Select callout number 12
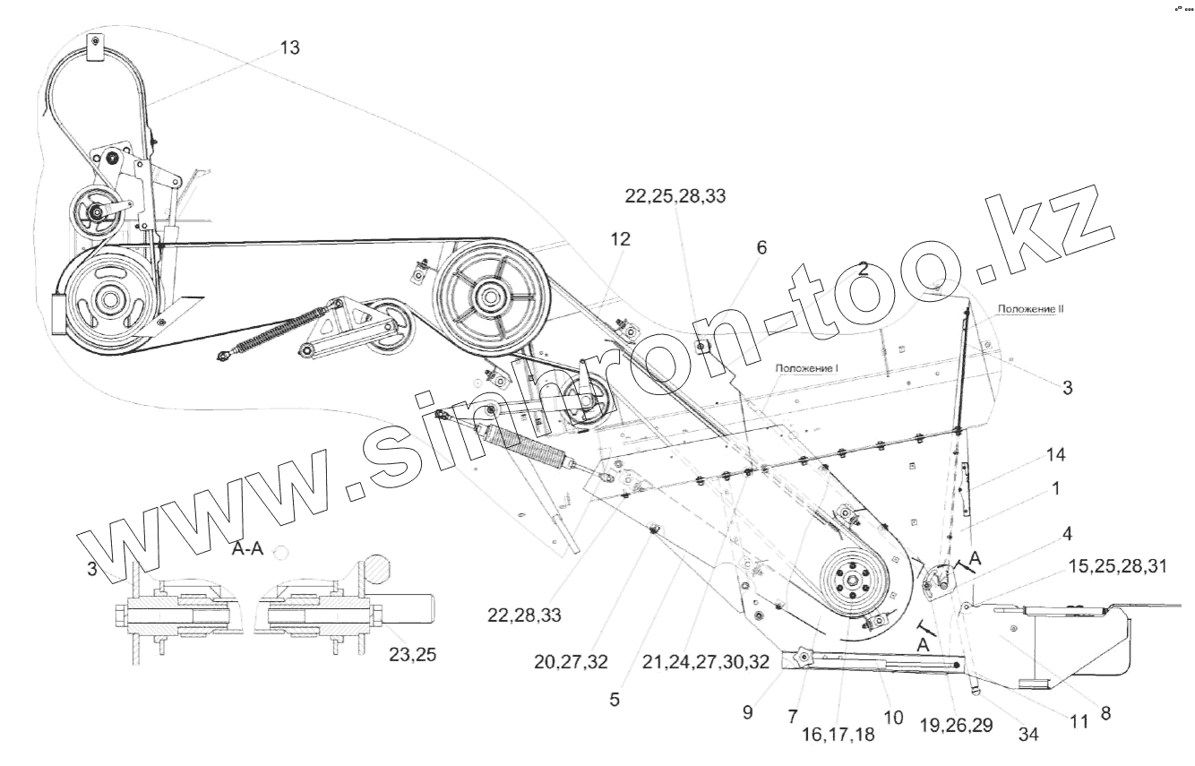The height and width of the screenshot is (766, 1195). click(620, 239)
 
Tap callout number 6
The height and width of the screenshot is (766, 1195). click(761, 248)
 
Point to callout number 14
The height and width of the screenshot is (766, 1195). click(1056, 455)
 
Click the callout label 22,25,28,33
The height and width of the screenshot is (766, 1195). click(675, 197)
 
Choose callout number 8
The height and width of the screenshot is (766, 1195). click(1105, 714)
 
